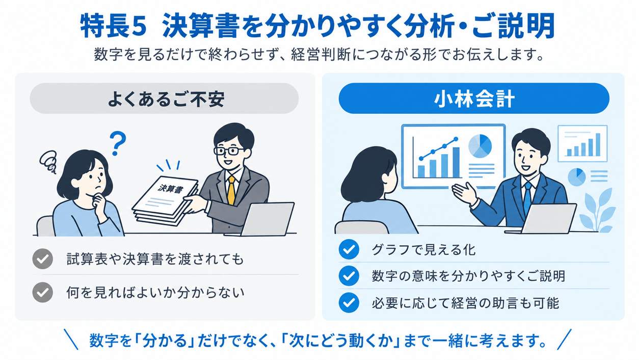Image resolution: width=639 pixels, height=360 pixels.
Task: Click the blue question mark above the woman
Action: [118, 143]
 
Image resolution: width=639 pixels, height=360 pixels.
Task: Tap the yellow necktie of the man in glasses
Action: [231, 190]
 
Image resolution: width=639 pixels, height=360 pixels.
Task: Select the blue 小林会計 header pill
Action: [474, 98]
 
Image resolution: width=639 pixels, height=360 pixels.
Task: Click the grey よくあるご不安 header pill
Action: [164, 98]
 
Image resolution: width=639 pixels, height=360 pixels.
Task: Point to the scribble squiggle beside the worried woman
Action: [48, 162]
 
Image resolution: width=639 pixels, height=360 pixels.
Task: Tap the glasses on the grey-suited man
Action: [228, 151]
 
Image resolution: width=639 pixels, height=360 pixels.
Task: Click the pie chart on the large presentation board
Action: [480, 146]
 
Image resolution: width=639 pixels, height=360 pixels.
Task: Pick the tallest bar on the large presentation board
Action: [456, 163]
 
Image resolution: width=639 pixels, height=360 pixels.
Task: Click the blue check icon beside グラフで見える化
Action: [349, 249]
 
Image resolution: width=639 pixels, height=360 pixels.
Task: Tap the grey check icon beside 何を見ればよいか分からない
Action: [42, 292]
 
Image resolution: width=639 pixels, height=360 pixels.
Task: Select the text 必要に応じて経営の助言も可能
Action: [465, 303]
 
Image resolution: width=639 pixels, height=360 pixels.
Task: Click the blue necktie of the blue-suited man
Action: [528, 197]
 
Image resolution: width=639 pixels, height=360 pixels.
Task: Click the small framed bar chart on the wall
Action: [582, 143]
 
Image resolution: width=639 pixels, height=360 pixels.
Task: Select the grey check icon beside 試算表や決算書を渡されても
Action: [42, 259]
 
